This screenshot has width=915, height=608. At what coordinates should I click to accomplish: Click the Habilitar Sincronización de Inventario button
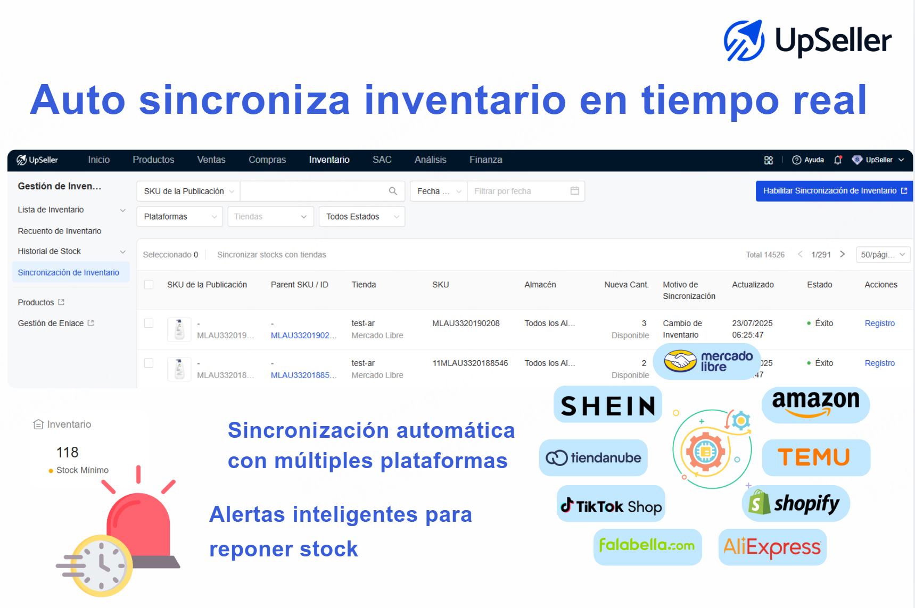point(834,191)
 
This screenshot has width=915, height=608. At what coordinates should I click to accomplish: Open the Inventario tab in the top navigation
point(329,160)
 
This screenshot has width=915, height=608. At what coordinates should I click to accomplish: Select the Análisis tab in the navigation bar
point(430,160)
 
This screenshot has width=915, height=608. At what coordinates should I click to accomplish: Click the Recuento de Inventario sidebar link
point(60,231)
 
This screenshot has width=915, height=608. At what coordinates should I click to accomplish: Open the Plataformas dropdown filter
point(180,216)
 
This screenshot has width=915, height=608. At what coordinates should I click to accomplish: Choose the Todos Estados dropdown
point(362,216)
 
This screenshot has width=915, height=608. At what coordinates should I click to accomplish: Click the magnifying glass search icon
point(393,191)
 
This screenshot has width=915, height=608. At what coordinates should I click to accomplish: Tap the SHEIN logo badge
point(608,405)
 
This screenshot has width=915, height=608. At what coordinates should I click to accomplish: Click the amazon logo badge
point(815,405)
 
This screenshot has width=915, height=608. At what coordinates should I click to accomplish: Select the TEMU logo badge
point(816,457)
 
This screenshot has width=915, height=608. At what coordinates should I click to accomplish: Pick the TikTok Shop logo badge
point(611,503)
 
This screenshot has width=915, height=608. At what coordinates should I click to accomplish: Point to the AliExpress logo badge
point(772,547)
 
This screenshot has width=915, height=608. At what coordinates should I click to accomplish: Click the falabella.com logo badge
point(647,547)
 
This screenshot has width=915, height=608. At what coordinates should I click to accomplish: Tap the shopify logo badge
point(796,503)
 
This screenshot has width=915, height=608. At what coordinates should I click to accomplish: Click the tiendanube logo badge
point(593,457)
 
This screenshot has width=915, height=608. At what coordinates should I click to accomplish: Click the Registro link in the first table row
point(879,323)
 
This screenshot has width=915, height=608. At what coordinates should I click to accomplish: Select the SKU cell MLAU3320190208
point(466,323)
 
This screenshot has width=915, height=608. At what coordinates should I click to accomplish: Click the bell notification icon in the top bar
point(838,160)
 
